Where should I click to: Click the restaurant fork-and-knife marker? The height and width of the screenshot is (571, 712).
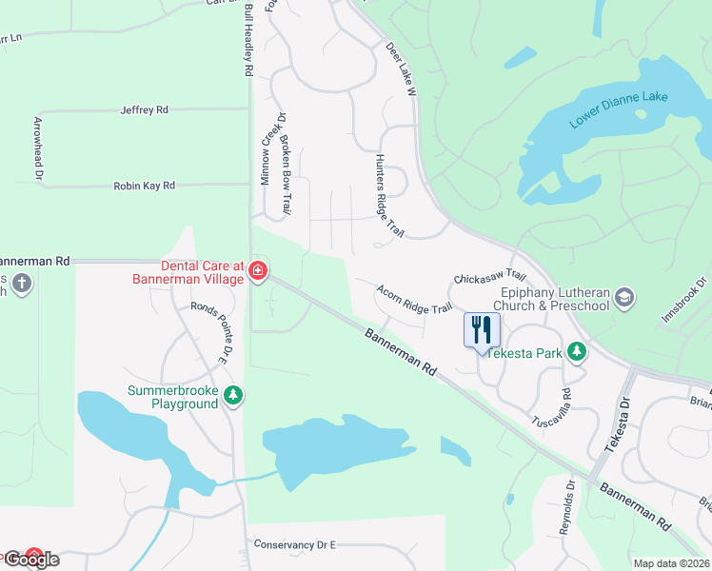[482, 329]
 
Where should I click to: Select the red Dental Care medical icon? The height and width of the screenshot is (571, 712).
[257, 272]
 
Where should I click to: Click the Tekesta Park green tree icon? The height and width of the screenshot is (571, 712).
[576, 352]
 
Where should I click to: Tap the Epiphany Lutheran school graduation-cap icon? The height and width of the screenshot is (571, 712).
[624, 298]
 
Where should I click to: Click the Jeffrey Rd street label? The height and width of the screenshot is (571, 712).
[145, 110]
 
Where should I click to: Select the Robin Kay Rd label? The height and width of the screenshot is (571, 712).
[145, 187]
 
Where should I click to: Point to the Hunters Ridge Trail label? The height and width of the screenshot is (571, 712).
[390, 196]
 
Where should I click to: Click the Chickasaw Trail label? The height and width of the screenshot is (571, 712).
[490, 277]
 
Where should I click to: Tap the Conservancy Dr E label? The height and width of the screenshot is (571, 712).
[295, 544]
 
